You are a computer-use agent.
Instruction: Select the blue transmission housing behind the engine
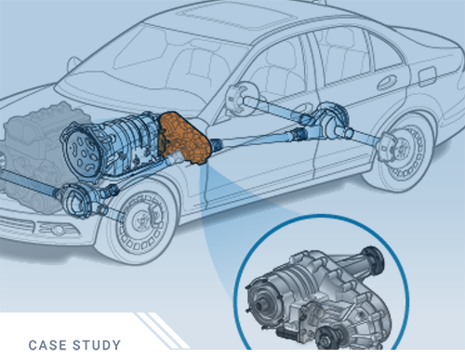(x=126, y=140)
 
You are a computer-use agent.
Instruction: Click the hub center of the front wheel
(x=139, y=223)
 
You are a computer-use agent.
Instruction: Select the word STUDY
(x=99, y=347)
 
